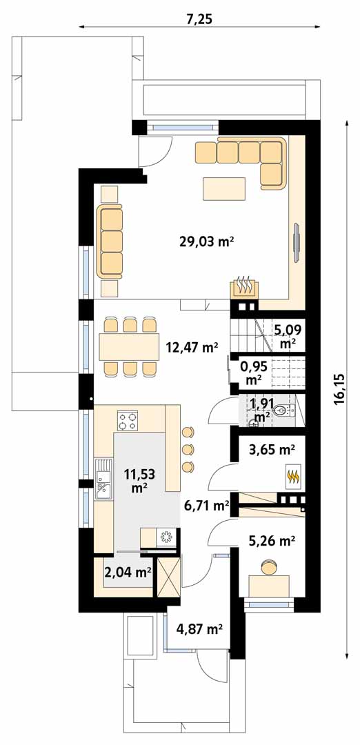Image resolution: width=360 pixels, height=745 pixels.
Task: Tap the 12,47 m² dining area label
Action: coord(192,347)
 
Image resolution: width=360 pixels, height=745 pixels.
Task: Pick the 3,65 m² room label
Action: coord(272,448)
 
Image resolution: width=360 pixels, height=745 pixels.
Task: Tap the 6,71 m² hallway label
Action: coord(207,506)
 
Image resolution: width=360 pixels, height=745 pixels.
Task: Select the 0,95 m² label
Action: coord(254,373)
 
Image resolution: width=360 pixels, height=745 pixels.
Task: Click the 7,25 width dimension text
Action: coord(199,19)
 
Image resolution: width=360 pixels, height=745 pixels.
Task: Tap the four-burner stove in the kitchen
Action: coord(128,421)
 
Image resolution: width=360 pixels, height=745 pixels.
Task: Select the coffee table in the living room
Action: coord(224,188)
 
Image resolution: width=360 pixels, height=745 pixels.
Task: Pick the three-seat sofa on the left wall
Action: coord(110,241)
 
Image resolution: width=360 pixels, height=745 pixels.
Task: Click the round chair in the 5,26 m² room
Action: coord(269,568)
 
